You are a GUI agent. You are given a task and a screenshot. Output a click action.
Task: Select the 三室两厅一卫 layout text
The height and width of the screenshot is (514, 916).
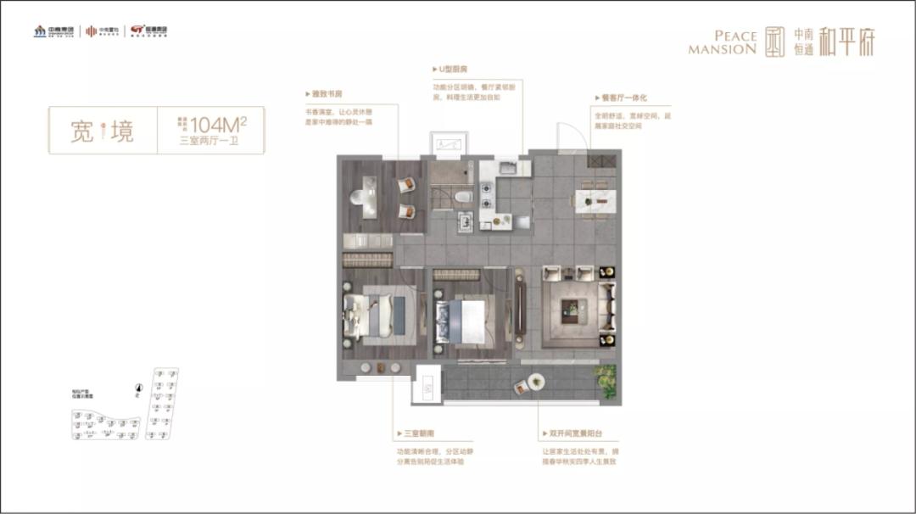coord(209,142)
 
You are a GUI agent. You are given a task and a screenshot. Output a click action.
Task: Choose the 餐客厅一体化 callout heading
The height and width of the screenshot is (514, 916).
coord(623,98)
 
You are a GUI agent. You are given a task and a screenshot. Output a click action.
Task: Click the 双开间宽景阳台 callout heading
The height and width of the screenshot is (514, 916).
coord(569,433)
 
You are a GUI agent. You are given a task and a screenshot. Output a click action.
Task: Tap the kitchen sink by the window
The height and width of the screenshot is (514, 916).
coord(504,167)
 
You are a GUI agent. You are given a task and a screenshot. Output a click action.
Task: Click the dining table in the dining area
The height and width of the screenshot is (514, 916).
coord(592,198)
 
